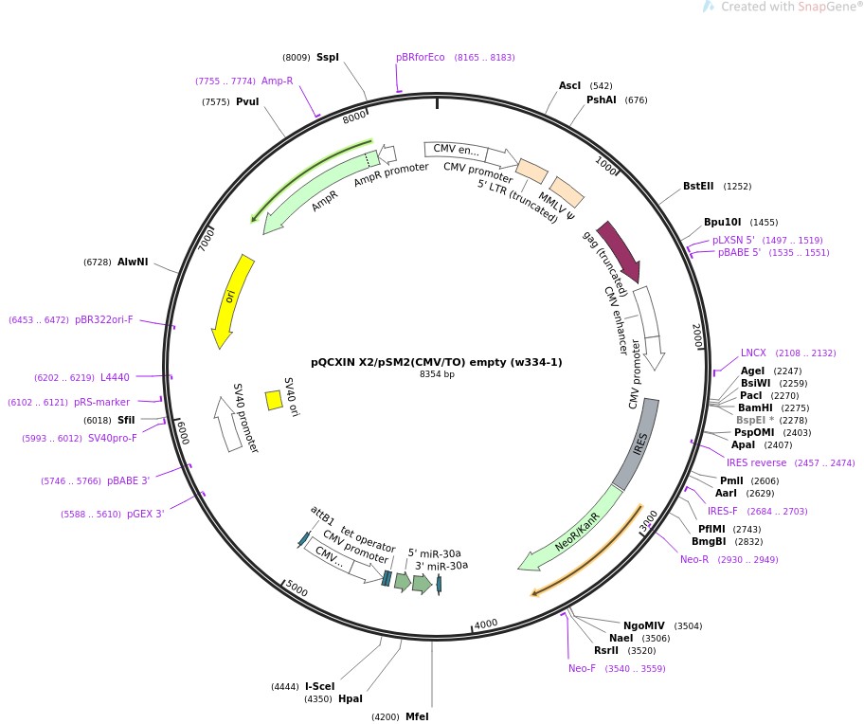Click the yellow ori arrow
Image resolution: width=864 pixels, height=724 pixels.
click(231, 300)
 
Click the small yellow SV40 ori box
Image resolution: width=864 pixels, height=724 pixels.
click(274, 400)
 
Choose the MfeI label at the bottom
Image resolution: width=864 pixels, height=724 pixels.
click(417, 716)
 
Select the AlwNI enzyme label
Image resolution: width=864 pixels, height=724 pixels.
click(133, 262)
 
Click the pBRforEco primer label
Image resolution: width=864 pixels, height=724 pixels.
click(420, 58)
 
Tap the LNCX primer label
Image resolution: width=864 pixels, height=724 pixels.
click(753, 353)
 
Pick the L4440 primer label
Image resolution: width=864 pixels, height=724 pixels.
click(115, 377)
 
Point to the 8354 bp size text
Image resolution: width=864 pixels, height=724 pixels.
click(437, 374)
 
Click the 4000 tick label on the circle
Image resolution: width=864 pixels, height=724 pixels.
click(486, 624)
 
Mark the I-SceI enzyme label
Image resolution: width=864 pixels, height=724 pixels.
click(319, 686)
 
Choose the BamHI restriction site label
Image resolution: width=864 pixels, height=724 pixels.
click(756, 407)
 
